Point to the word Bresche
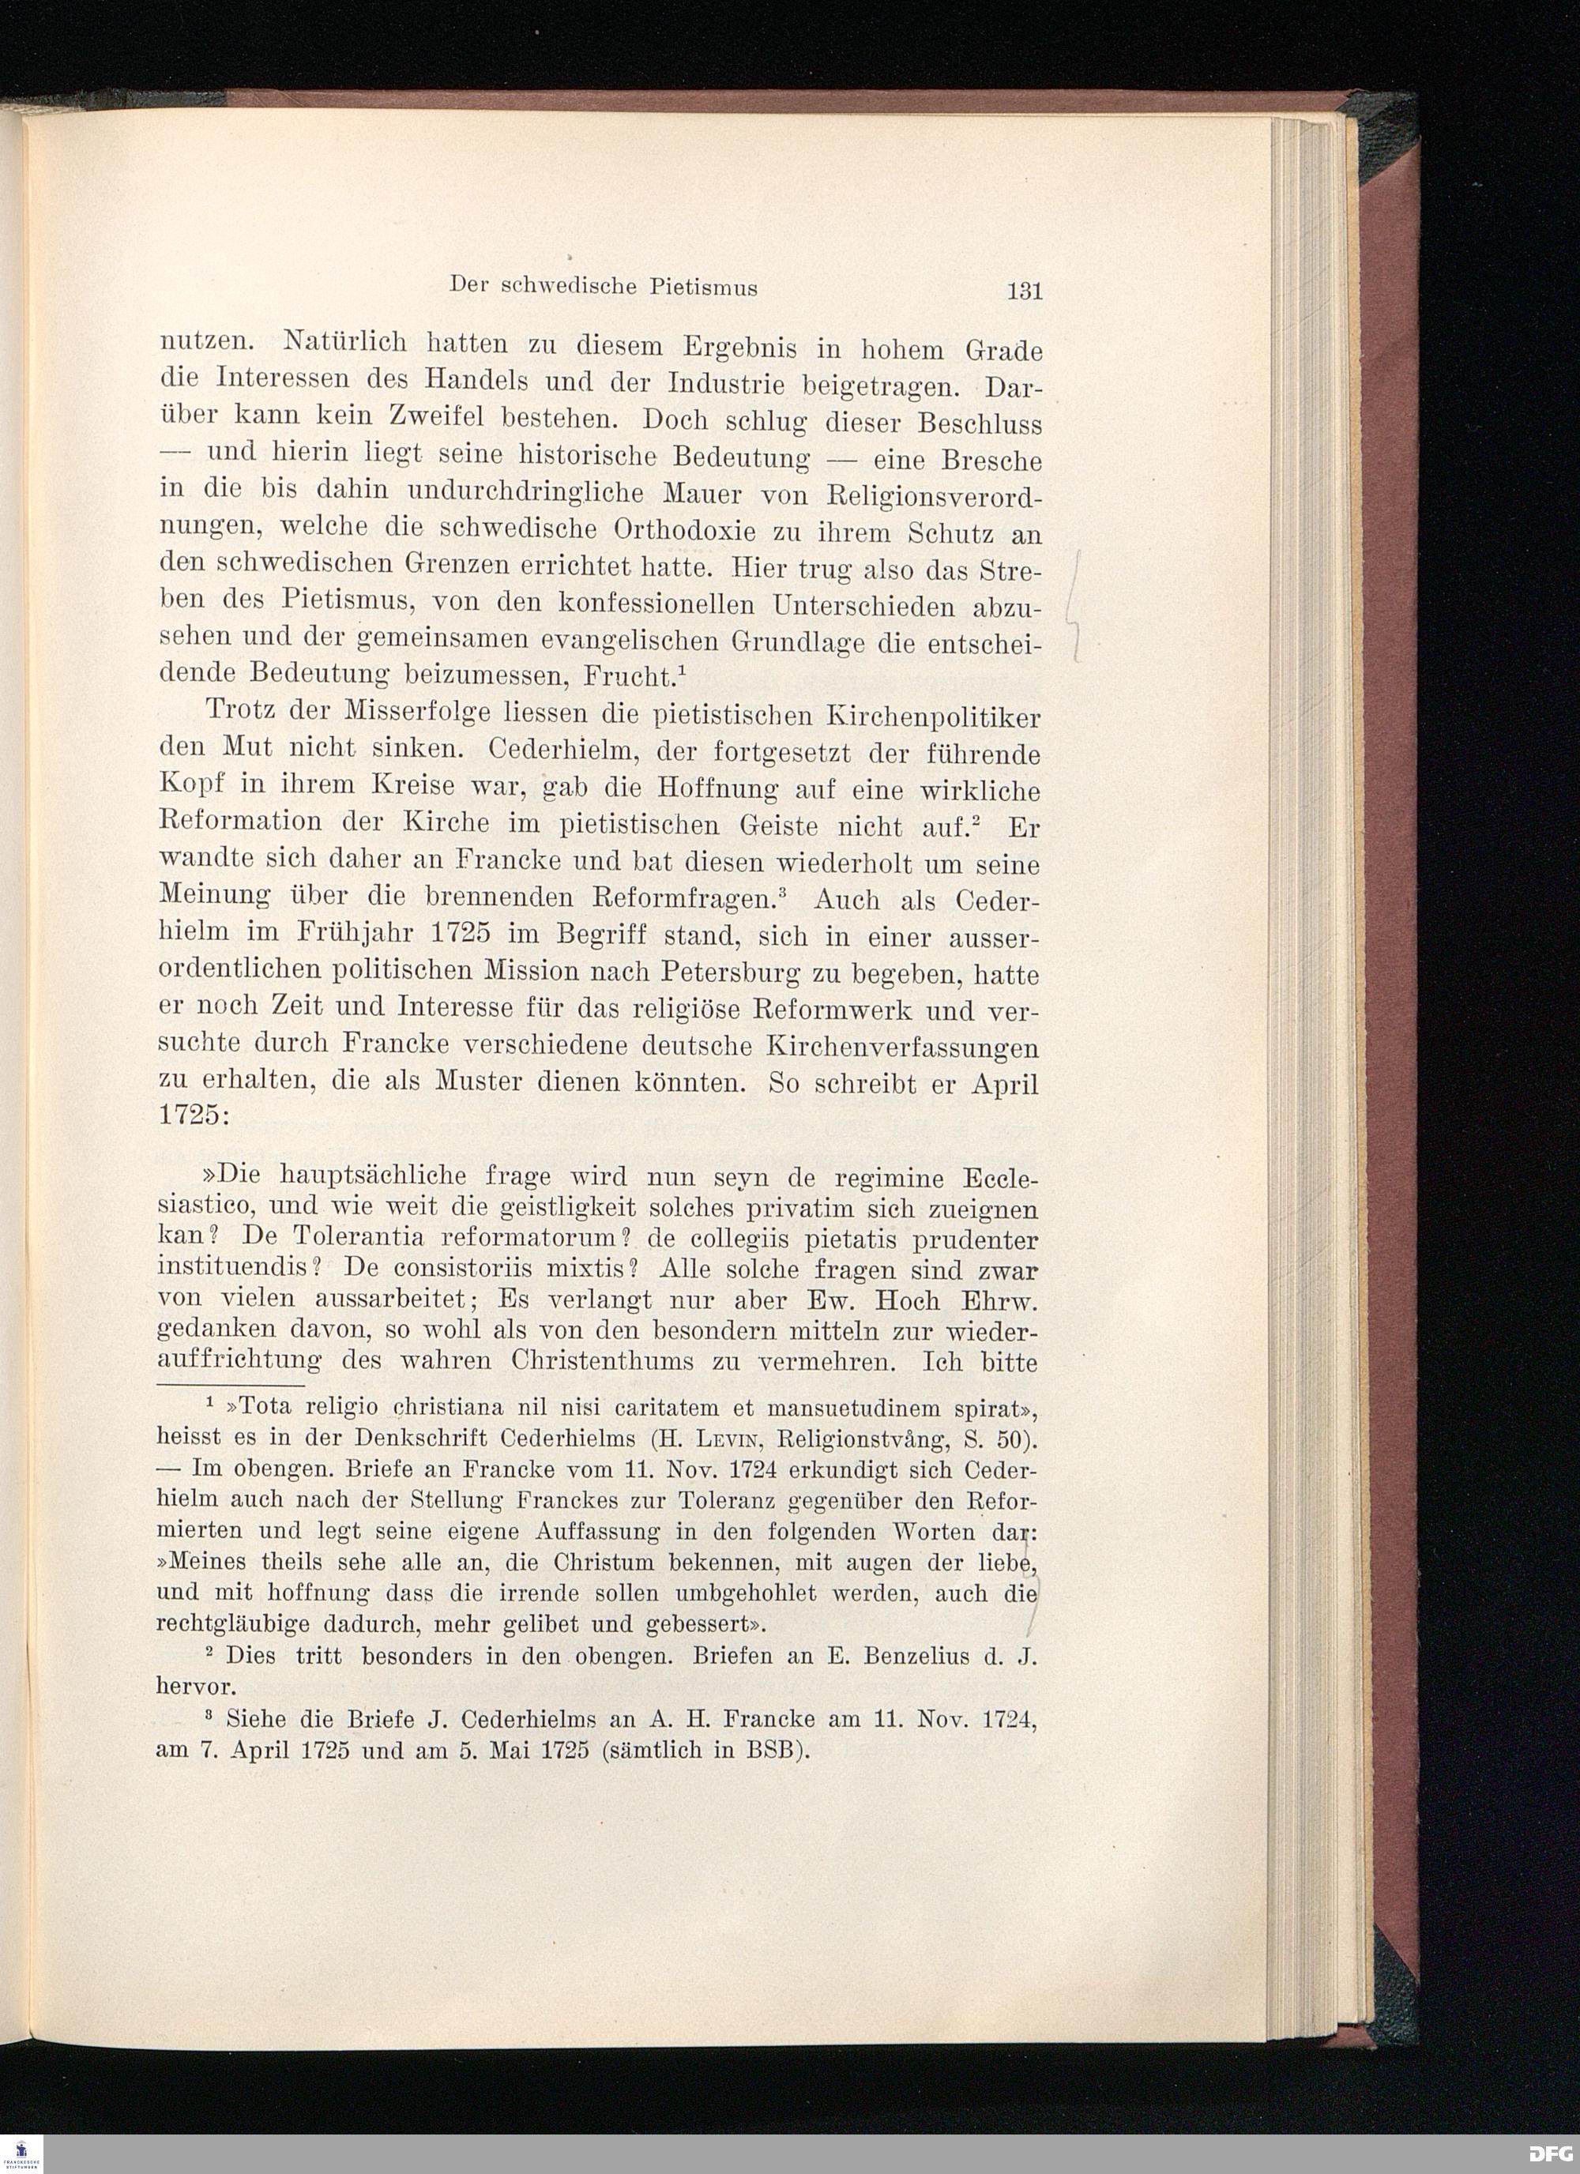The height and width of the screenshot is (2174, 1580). click(991, 461)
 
